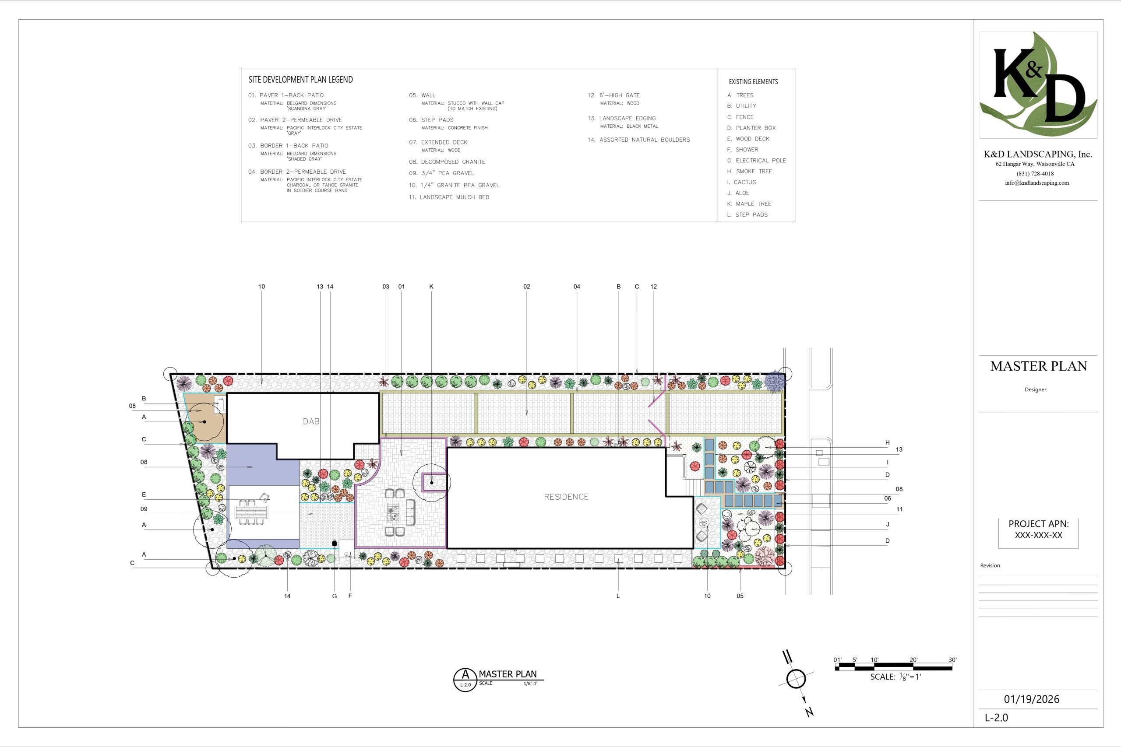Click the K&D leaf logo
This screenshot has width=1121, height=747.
(1038, 84)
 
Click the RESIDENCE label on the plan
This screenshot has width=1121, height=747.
(566, 497)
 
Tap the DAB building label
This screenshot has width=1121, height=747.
(311, 421)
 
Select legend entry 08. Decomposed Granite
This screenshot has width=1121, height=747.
(447, 162)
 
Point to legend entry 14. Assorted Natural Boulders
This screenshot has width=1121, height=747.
(639, 140)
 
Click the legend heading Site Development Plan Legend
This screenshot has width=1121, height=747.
(301, 80)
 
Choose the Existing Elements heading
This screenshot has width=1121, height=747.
(753, 82)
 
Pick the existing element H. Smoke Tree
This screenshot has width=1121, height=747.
(750, 172)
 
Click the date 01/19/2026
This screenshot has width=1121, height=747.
(1031, 699)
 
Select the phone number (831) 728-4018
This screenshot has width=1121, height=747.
(1035, 174)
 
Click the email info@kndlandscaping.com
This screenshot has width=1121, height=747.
(1037, 183)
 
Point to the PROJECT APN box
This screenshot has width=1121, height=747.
(1039, 533)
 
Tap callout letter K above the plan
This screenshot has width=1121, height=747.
(431, 287)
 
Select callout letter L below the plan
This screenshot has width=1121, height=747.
(618, 596)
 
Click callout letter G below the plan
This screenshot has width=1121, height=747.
(335, 596)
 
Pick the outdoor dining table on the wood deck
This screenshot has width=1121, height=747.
(251, 512)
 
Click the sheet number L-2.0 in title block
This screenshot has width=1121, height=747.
(997, 718)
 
